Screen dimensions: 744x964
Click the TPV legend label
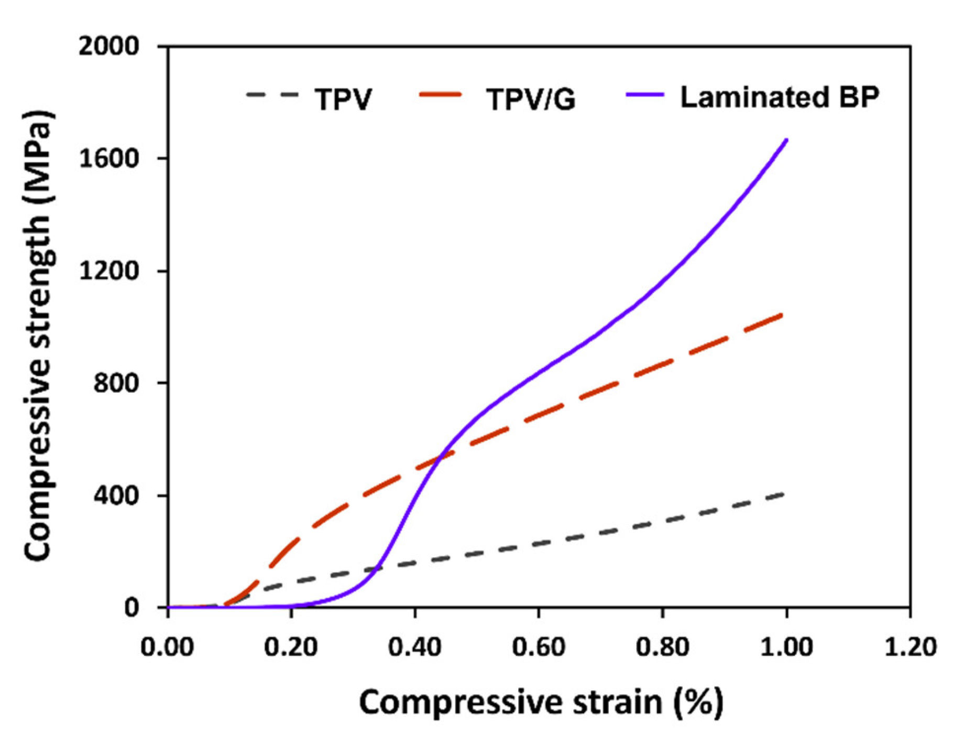(343, 99)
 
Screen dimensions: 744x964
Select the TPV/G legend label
(531, 99)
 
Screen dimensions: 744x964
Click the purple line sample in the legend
(645, 95)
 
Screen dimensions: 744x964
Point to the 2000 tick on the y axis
(109, 46)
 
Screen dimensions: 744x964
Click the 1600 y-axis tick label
(109, 159)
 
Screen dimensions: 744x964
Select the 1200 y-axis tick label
(109, 271)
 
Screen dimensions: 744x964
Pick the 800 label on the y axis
(116, 383)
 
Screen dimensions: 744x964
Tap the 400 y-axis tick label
(116, 495)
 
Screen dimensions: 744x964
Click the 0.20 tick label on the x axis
(291, 647)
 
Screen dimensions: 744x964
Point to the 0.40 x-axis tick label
(414, 647)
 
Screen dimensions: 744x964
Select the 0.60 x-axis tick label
(539, 647)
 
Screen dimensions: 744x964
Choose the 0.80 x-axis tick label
(662, 647)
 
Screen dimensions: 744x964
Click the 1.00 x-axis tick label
(786, 647)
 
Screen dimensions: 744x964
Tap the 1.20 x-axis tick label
(910, 647)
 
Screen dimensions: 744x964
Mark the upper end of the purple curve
(786, 139)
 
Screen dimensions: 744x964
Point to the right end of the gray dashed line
(783, 494)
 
